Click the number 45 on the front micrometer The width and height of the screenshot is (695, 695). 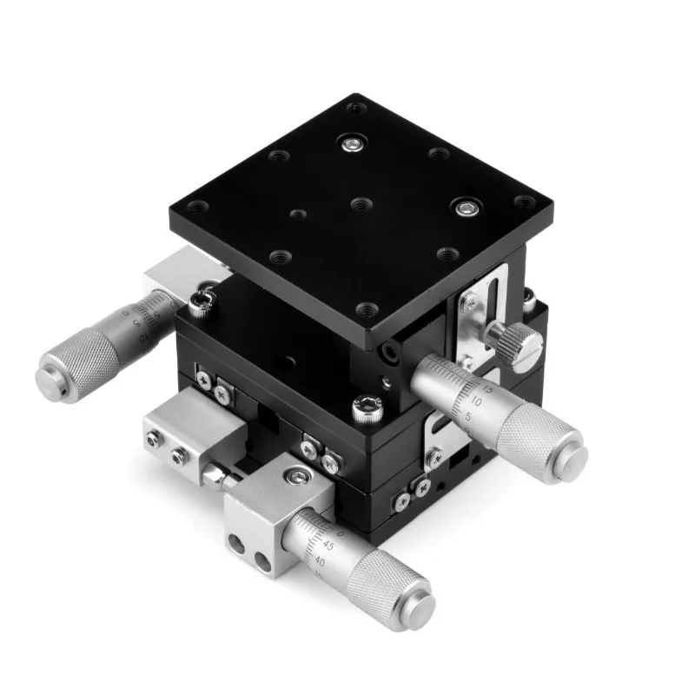click(327, 545)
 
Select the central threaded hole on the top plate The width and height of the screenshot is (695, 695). click(361, 204)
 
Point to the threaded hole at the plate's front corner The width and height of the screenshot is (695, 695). click(367, 309)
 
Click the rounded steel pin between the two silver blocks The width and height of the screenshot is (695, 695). click(213, 474)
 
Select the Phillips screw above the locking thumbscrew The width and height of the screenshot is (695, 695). click(469, 302)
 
